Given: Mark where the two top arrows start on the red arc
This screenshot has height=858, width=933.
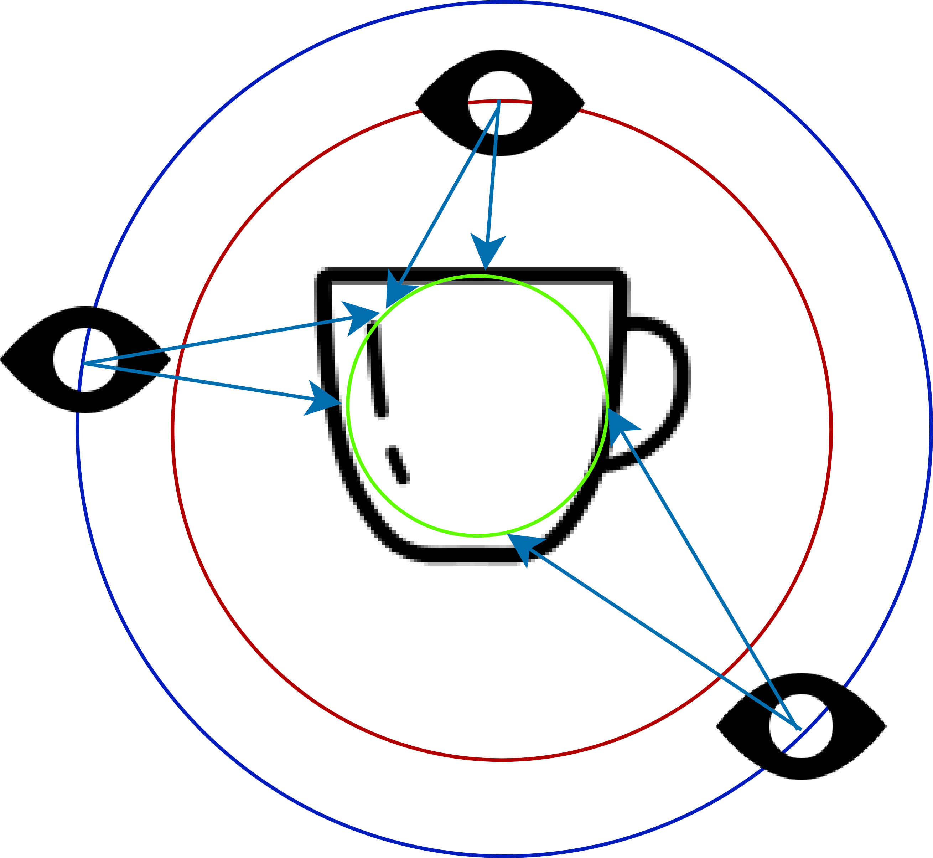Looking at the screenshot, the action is pos(499,102).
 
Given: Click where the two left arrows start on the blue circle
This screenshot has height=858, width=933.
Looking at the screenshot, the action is pos(83,363).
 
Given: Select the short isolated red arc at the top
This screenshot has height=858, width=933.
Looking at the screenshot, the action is pos(500,101).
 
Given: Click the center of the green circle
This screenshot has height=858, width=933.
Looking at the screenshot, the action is pos(477,407).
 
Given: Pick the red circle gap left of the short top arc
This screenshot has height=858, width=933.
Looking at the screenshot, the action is pos(445,106).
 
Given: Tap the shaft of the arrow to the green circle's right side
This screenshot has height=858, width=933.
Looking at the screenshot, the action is pos(705,571).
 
